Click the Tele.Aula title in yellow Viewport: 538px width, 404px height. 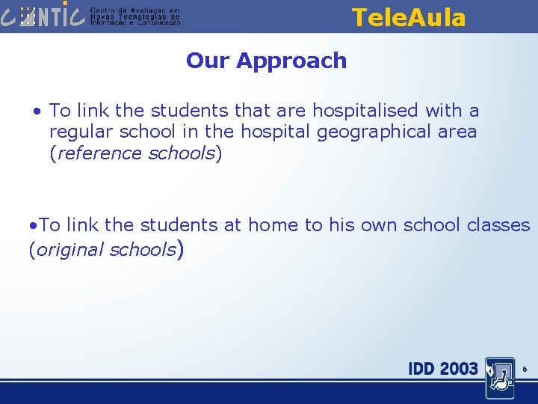(408, 16)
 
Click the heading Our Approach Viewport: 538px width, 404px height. (266, 61)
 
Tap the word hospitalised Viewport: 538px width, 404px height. (365, 111)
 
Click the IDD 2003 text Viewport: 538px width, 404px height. (442, 368)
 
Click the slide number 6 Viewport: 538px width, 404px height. (525, 370)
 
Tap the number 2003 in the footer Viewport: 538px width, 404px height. (460, 368)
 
